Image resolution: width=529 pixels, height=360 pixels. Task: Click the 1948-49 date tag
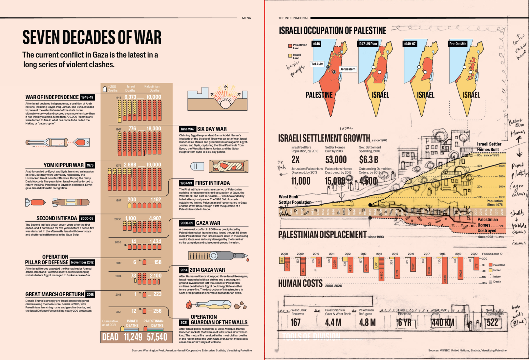click(x=87, y=97)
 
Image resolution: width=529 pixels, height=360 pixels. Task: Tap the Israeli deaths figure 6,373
click(x=130, y=97)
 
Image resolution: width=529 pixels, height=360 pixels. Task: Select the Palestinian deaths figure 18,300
click(x=154, y=128)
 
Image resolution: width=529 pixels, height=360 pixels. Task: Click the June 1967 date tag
click(x=187, y=129)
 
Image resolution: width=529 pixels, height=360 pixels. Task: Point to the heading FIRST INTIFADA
click(x=212, y=183)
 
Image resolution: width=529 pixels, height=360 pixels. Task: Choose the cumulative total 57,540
click(x=157, y=337)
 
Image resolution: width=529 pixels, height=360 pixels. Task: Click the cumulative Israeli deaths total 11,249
click(x=133, y=337)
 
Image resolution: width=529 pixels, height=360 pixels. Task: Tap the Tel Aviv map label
click(x=317, y=64)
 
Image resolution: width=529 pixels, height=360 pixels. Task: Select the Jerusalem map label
click(x=348, y=69)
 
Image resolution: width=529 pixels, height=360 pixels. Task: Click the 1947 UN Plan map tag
click(x=368, y=44)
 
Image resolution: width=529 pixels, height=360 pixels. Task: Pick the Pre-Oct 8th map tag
click(x=458, y=44)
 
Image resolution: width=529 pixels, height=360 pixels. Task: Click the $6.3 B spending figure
click(x=369, y=160)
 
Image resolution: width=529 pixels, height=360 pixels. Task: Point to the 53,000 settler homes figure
click(x=336, y=160)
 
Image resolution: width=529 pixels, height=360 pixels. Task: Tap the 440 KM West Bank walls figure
click(x=443, y=323)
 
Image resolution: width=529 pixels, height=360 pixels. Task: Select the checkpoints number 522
click(x=492, y=323)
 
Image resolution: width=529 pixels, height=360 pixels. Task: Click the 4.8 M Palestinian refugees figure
click(x=368, y=323)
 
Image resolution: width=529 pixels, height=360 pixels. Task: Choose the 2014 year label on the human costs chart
click(x=379, y=254)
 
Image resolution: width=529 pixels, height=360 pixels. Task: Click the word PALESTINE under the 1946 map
click(x=319, y=95)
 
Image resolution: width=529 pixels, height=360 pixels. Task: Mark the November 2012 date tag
click(x=82, y=262)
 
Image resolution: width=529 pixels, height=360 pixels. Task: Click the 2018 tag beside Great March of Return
click(x=90, y=295)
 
